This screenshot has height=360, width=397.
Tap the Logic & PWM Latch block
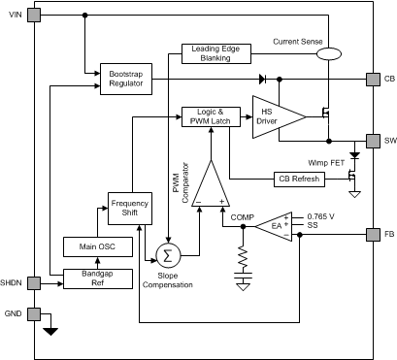207,117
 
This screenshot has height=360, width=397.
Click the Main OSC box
91,247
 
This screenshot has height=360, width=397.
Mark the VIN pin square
34,16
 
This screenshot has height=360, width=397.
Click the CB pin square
373,79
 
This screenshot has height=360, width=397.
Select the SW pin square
373,140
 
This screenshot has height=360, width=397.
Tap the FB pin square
373,234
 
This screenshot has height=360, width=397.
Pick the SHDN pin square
34,283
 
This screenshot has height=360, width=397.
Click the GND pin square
34,314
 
